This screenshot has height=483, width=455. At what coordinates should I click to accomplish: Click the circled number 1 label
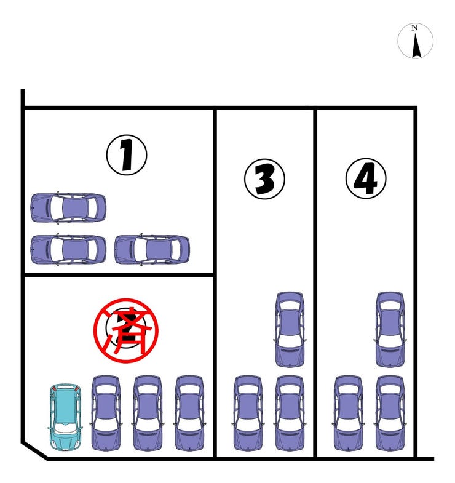click(127, 155)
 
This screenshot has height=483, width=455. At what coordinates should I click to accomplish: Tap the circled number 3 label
click(264, 179)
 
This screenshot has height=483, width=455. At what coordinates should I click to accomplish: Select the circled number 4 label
click(366, 178)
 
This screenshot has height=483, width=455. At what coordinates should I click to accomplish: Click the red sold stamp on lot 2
click(126, 330)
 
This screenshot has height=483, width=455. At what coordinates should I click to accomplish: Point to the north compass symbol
click(415, 41)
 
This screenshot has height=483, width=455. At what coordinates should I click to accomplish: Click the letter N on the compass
click(414, 28)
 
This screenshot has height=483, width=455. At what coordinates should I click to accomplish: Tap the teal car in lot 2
click(65, 417)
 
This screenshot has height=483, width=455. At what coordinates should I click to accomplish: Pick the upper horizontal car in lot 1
click(68, 207)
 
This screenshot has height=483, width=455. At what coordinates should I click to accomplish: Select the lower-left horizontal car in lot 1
click(68, 250)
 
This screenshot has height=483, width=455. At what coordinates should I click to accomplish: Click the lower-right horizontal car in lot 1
click(152, 250)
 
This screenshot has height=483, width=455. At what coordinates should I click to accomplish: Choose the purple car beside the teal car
click(106, 413)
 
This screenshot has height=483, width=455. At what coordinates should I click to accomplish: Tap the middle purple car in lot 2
click(148, 413)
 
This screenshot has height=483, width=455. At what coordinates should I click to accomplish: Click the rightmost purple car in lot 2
click(189, 413)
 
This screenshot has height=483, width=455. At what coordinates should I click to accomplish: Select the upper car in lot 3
click(290, 330)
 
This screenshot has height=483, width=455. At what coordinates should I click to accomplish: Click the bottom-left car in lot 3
click(248, 413)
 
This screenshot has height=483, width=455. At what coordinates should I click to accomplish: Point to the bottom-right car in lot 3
click(290, 413)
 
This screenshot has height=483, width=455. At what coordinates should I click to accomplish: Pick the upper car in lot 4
click(390, 330)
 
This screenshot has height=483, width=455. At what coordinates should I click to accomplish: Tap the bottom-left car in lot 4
click(349, 413)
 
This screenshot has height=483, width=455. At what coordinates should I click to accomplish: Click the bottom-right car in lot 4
click(390, 413)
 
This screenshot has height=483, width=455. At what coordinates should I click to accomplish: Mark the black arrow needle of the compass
click(416, 46)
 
